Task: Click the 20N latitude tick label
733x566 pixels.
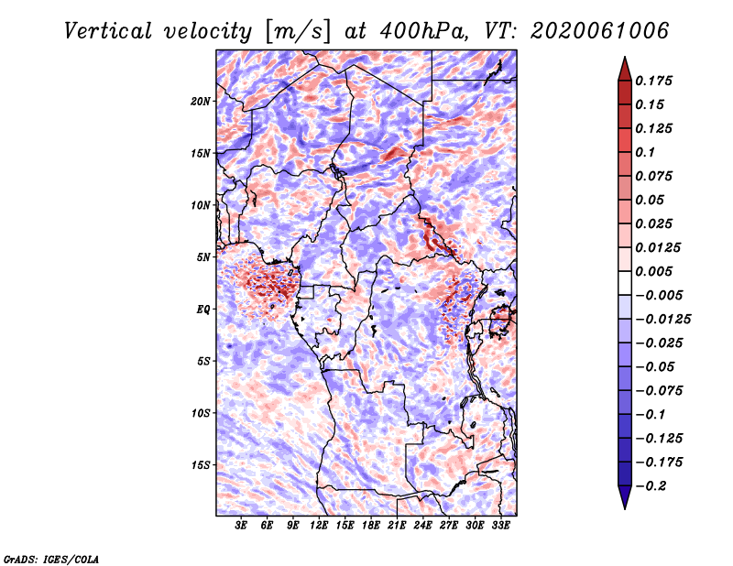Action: click(x=201, y=102)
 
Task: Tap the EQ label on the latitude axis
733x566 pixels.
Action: click(x=203, y=310)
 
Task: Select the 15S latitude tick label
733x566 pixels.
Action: click(x=201, y=465)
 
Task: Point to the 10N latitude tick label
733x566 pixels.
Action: click(x=201, y=205)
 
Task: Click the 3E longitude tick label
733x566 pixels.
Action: click(x=241, y=525)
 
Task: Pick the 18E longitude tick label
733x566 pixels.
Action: click(x=371, y=525)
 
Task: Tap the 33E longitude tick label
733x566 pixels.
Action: click(x=500, y=525)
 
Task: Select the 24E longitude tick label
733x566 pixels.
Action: click(x=422, y=525)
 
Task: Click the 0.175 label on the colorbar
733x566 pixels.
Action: click(x=654, y=81)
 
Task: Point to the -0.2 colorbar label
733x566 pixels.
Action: click(x=651, y=486)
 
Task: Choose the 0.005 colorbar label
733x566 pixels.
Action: click(x=654, y=271)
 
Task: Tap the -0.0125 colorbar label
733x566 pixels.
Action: click(x=662, y=320)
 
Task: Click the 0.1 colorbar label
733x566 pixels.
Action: click(x=646, y=152)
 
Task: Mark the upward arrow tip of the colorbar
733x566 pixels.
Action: click(x=625, y=58)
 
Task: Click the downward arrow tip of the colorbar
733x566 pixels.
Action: click(x=625, y=508)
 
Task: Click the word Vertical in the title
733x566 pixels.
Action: click(x=108, y=31)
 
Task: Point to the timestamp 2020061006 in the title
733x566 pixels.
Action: click(x=600, y=31)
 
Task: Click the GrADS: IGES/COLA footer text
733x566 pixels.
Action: click(x=51, y=560)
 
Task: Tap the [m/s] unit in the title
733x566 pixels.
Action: click(x=298, y=32)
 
